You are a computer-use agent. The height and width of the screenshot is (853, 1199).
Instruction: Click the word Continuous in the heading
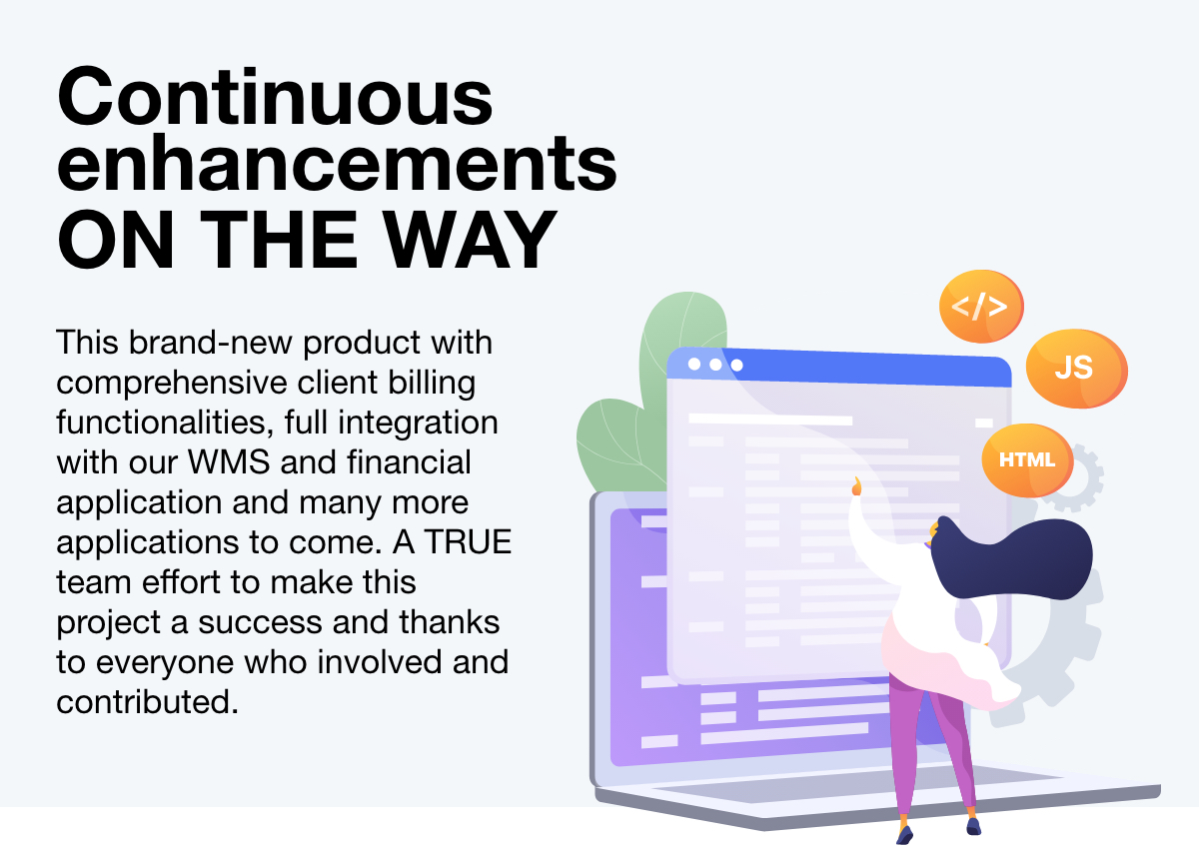click(x=275, y=97)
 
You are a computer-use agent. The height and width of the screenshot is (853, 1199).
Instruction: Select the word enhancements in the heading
click(x=337, y=162)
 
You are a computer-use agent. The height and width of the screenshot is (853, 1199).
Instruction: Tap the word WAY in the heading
click(x=470, y=239)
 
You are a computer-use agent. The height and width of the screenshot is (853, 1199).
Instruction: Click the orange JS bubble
click(x=1076, y=369)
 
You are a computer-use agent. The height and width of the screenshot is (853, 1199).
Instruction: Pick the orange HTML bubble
click(x=1027, y=460)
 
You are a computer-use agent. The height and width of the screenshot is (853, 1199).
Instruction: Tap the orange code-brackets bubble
click(x=981, y=306)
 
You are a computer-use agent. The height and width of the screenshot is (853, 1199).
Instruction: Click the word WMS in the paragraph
click(x=229, y=461)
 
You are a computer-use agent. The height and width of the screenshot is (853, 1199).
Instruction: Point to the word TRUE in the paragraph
click(x=469, y=541)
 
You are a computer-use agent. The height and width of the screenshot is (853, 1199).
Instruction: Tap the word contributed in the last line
click(x=147, y=701)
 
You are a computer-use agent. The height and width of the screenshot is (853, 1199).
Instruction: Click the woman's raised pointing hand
click(x=856, y=486)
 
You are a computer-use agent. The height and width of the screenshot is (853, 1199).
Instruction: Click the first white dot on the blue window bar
click(x=694, y=364)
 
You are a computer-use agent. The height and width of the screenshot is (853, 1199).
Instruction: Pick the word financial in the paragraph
click(x=409, y=461)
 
